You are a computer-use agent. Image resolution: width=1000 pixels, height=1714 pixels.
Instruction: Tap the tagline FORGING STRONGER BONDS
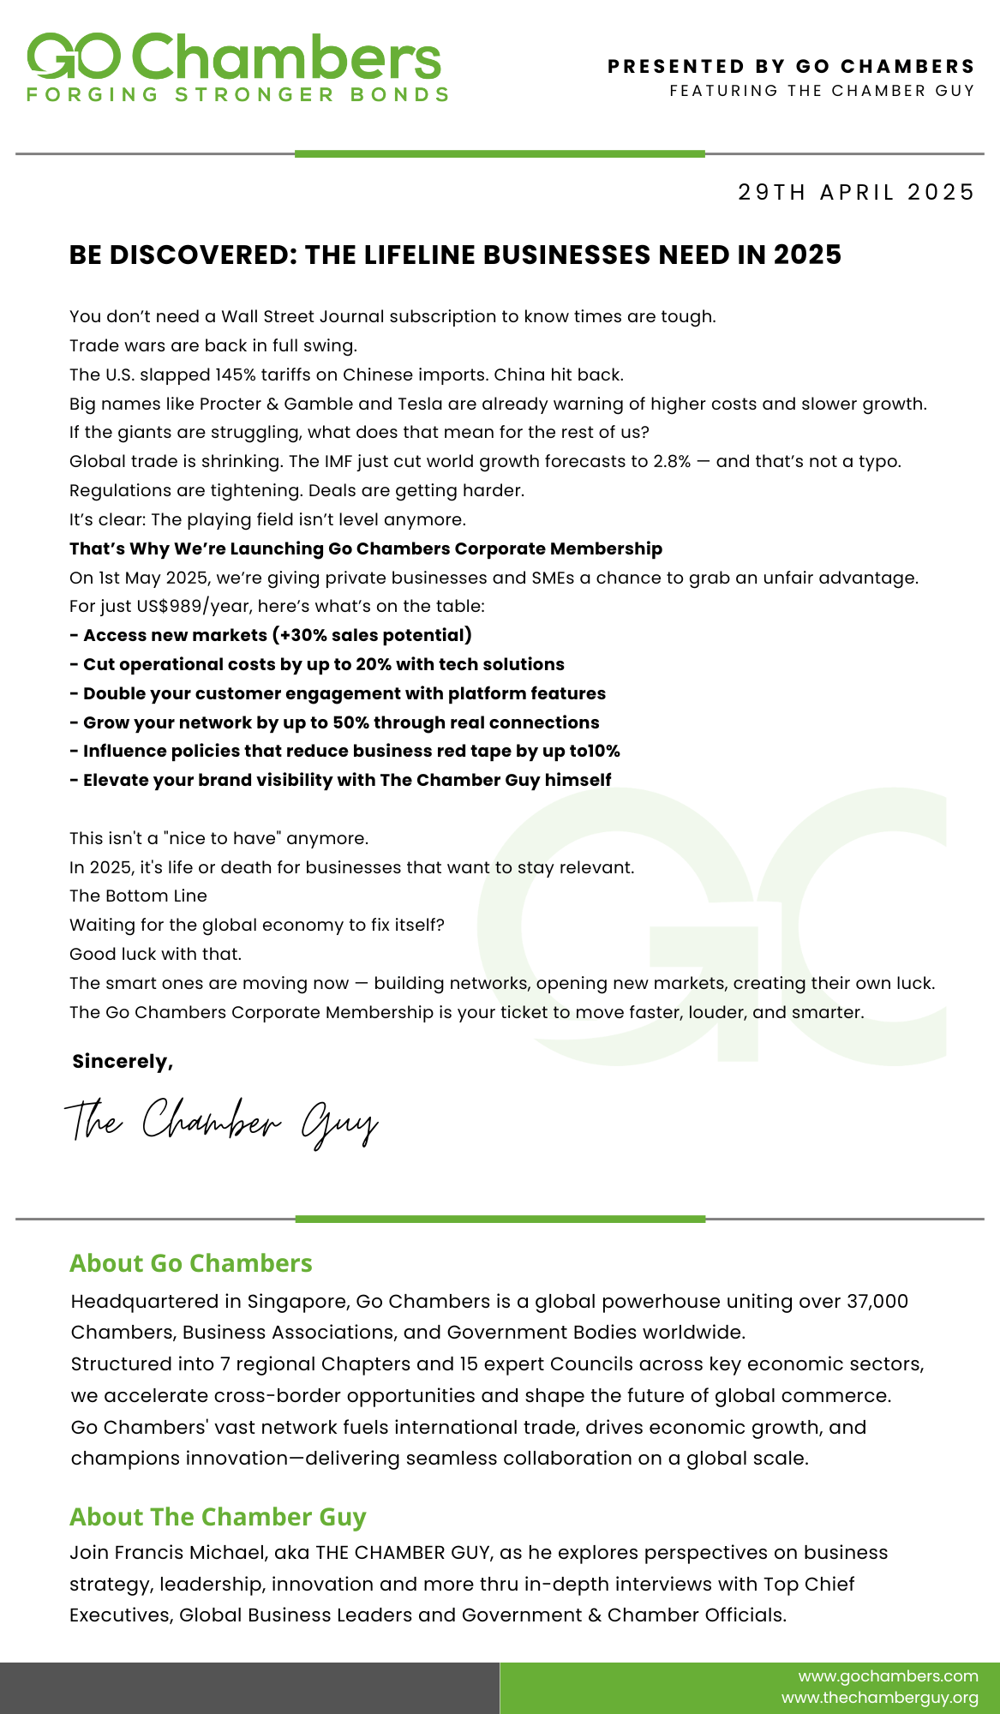[237, 95]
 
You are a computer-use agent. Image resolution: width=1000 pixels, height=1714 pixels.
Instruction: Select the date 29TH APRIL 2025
[856, 192]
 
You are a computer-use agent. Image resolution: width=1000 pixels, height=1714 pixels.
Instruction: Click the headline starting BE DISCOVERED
[455, 255]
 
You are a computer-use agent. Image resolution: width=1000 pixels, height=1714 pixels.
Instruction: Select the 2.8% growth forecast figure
[672, 461]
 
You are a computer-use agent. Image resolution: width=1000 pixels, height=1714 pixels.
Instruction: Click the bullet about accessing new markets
[271, 635]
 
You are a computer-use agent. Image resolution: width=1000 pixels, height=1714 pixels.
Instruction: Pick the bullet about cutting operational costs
[317, 664]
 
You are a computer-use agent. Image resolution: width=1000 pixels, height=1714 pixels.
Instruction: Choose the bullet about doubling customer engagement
[338, 693]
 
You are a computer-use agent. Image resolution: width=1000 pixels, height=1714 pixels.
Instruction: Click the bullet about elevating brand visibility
[340, 780]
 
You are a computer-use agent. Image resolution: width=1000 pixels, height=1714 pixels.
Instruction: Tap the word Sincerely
[123, 1062]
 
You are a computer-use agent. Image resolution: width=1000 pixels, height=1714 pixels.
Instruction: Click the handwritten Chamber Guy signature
[221, 1122]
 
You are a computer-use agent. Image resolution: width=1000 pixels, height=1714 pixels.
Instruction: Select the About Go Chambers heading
[191, 1263]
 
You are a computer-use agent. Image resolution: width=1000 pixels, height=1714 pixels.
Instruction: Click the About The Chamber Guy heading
[218, 1517]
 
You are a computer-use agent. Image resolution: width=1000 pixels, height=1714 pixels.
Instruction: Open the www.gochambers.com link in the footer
[888, 1675]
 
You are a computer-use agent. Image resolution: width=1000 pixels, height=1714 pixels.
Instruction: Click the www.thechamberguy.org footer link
[879, 1698]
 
